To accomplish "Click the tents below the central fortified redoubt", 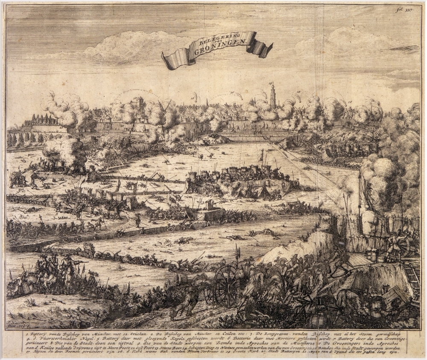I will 256,191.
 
